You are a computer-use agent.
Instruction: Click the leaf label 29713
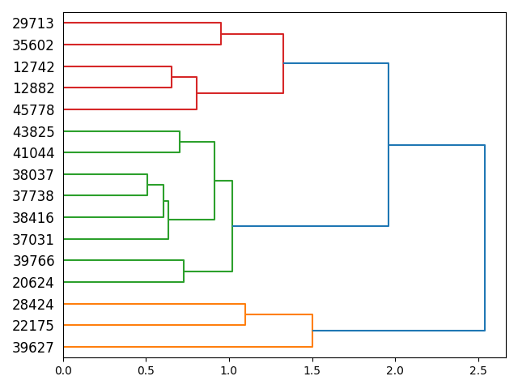[33, 24]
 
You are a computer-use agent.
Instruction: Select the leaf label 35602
[33, 45]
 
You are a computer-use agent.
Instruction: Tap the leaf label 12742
[33, 67]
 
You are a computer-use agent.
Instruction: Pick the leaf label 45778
[33, 110]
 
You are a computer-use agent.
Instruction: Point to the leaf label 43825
[33, 132]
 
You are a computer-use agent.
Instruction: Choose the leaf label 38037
[33, 175]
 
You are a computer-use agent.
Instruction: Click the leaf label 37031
[33, 240]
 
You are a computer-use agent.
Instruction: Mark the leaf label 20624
[33, 283]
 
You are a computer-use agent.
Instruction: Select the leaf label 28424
[33, 305]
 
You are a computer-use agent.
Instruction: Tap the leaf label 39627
[33, 348]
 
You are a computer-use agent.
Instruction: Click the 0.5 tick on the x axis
[146, 358]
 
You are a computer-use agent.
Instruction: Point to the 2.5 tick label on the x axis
[478, 370]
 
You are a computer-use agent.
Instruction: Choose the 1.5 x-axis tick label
[312, 370]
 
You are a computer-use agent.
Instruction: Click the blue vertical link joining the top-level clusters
[485, 237]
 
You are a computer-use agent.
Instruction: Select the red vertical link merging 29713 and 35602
[221, 34]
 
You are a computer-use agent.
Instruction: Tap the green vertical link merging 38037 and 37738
[147, 185]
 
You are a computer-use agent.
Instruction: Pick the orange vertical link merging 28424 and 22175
[245, 314]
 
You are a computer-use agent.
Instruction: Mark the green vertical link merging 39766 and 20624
[184, 271]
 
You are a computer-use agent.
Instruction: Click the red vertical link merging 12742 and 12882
[172, 77]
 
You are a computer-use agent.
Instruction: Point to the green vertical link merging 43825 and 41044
[180, 142]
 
